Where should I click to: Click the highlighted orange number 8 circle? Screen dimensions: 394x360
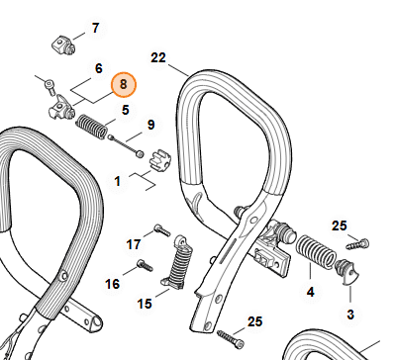(x=123, y=85)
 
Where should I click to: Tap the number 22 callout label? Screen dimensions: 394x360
(x=158, y=58)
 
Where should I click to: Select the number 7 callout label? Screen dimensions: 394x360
(x=95, y=28)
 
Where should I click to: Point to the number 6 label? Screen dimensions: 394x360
(x=99, y=68)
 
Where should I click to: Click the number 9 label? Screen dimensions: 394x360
(x=150, y=125)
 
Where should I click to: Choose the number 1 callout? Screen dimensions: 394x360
(x=117, y=181)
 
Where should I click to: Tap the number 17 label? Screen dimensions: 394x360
(x=134, y=244)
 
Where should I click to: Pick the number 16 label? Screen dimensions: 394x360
(x=112, y=284)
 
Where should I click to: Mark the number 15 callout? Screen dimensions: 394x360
(x=145, y=304)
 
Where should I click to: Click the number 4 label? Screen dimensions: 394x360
(x=311, y=292)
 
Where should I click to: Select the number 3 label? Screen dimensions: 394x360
(x=350, y=315)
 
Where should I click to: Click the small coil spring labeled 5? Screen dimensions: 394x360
(x=91, y=126)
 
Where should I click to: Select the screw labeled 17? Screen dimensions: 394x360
(x=162, y=229)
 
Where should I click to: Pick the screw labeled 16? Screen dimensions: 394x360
(x=146, y=265)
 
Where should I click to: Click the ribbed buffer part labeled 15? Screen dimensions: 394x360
(x=177, y=262)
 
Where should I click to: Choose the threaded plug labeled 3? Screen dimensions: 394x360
(x=346, y=271)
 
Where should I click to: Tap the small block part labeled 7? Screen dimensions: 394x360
(x=63, y=45)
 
